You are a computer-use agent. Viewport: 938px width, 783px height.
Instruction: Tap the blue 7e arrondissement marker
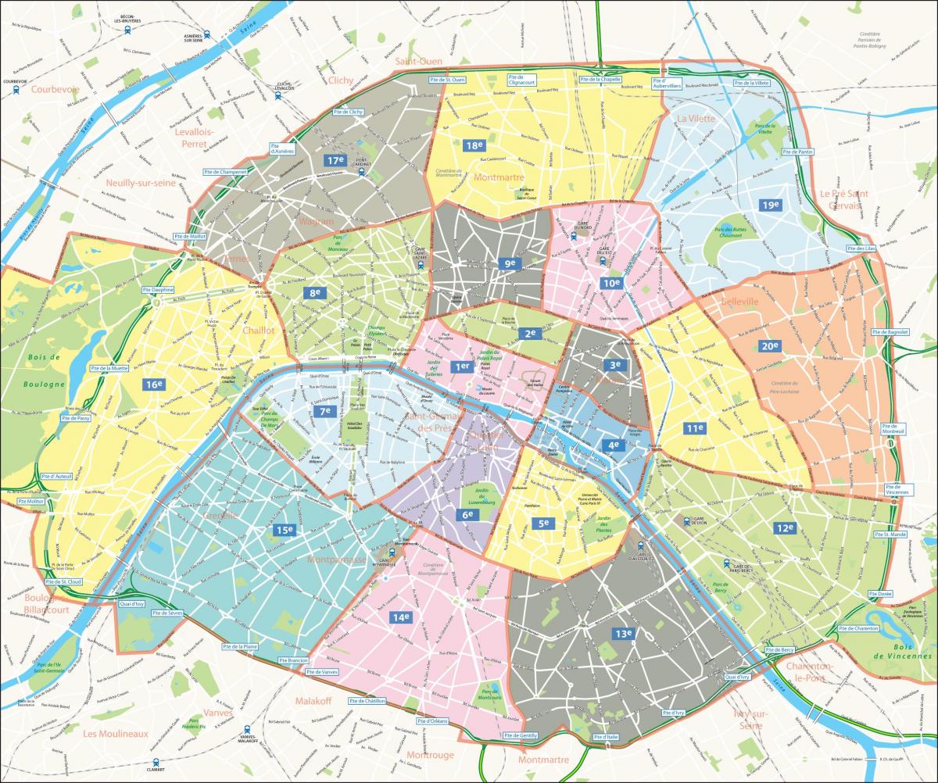pos(326,411)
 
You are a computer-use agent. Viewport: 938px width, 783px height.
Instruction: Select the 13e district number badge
pos(623,634)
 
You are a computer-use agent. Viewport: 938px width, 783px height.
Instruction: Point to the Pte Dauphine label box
pos(159,290)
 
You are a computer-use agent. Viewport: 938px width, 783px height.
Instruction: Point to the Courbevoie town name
pos(56,89)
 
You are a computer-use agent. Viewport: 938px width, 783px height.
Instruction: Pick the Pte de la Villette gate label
pos(752,83)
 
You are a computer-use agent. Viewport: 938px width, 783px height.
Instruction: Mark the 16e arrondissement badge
pos(153,384)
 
